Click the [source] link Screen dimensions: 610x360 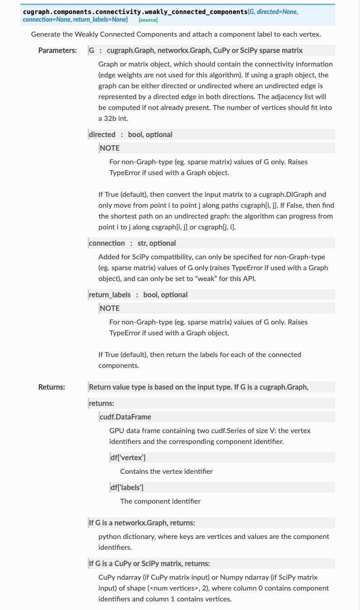(x=148, y=20)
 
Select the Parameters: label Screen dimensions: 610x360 (x=57, y=50)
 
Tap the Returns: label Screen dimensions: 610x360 (x=52, y=387)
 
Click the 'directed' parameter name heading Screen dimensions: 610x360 (x=102, y=134)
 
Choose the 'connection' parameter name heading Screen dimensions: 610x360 (x=107, y=243)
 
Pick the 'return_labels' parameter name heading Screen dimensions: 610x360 (x=109, y=295)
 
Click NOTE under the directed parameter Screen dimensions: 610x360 (x=110, y=148)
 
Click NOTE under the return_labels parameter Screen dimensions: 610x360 (x=110, y=308)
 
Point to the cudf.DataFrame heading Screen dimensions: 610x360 (x=125, y=417)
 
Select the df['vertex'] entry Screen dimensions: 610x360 (x=128, y=457)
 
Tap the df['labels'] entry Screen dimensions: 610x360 (x=127, y=487)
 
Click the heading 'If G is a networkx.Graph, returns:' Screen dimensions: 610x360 (x=142, y=523)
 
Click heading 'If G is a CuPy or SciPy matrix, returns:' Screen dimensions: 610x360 (x=149, y=563)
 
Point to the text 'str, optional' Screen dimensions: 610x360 (x=156, y=243)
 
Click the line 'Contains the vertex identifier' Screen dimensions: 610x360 (x=166, y=471)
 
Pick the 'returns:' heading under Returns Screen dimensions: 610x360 (x=101, y=403)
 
